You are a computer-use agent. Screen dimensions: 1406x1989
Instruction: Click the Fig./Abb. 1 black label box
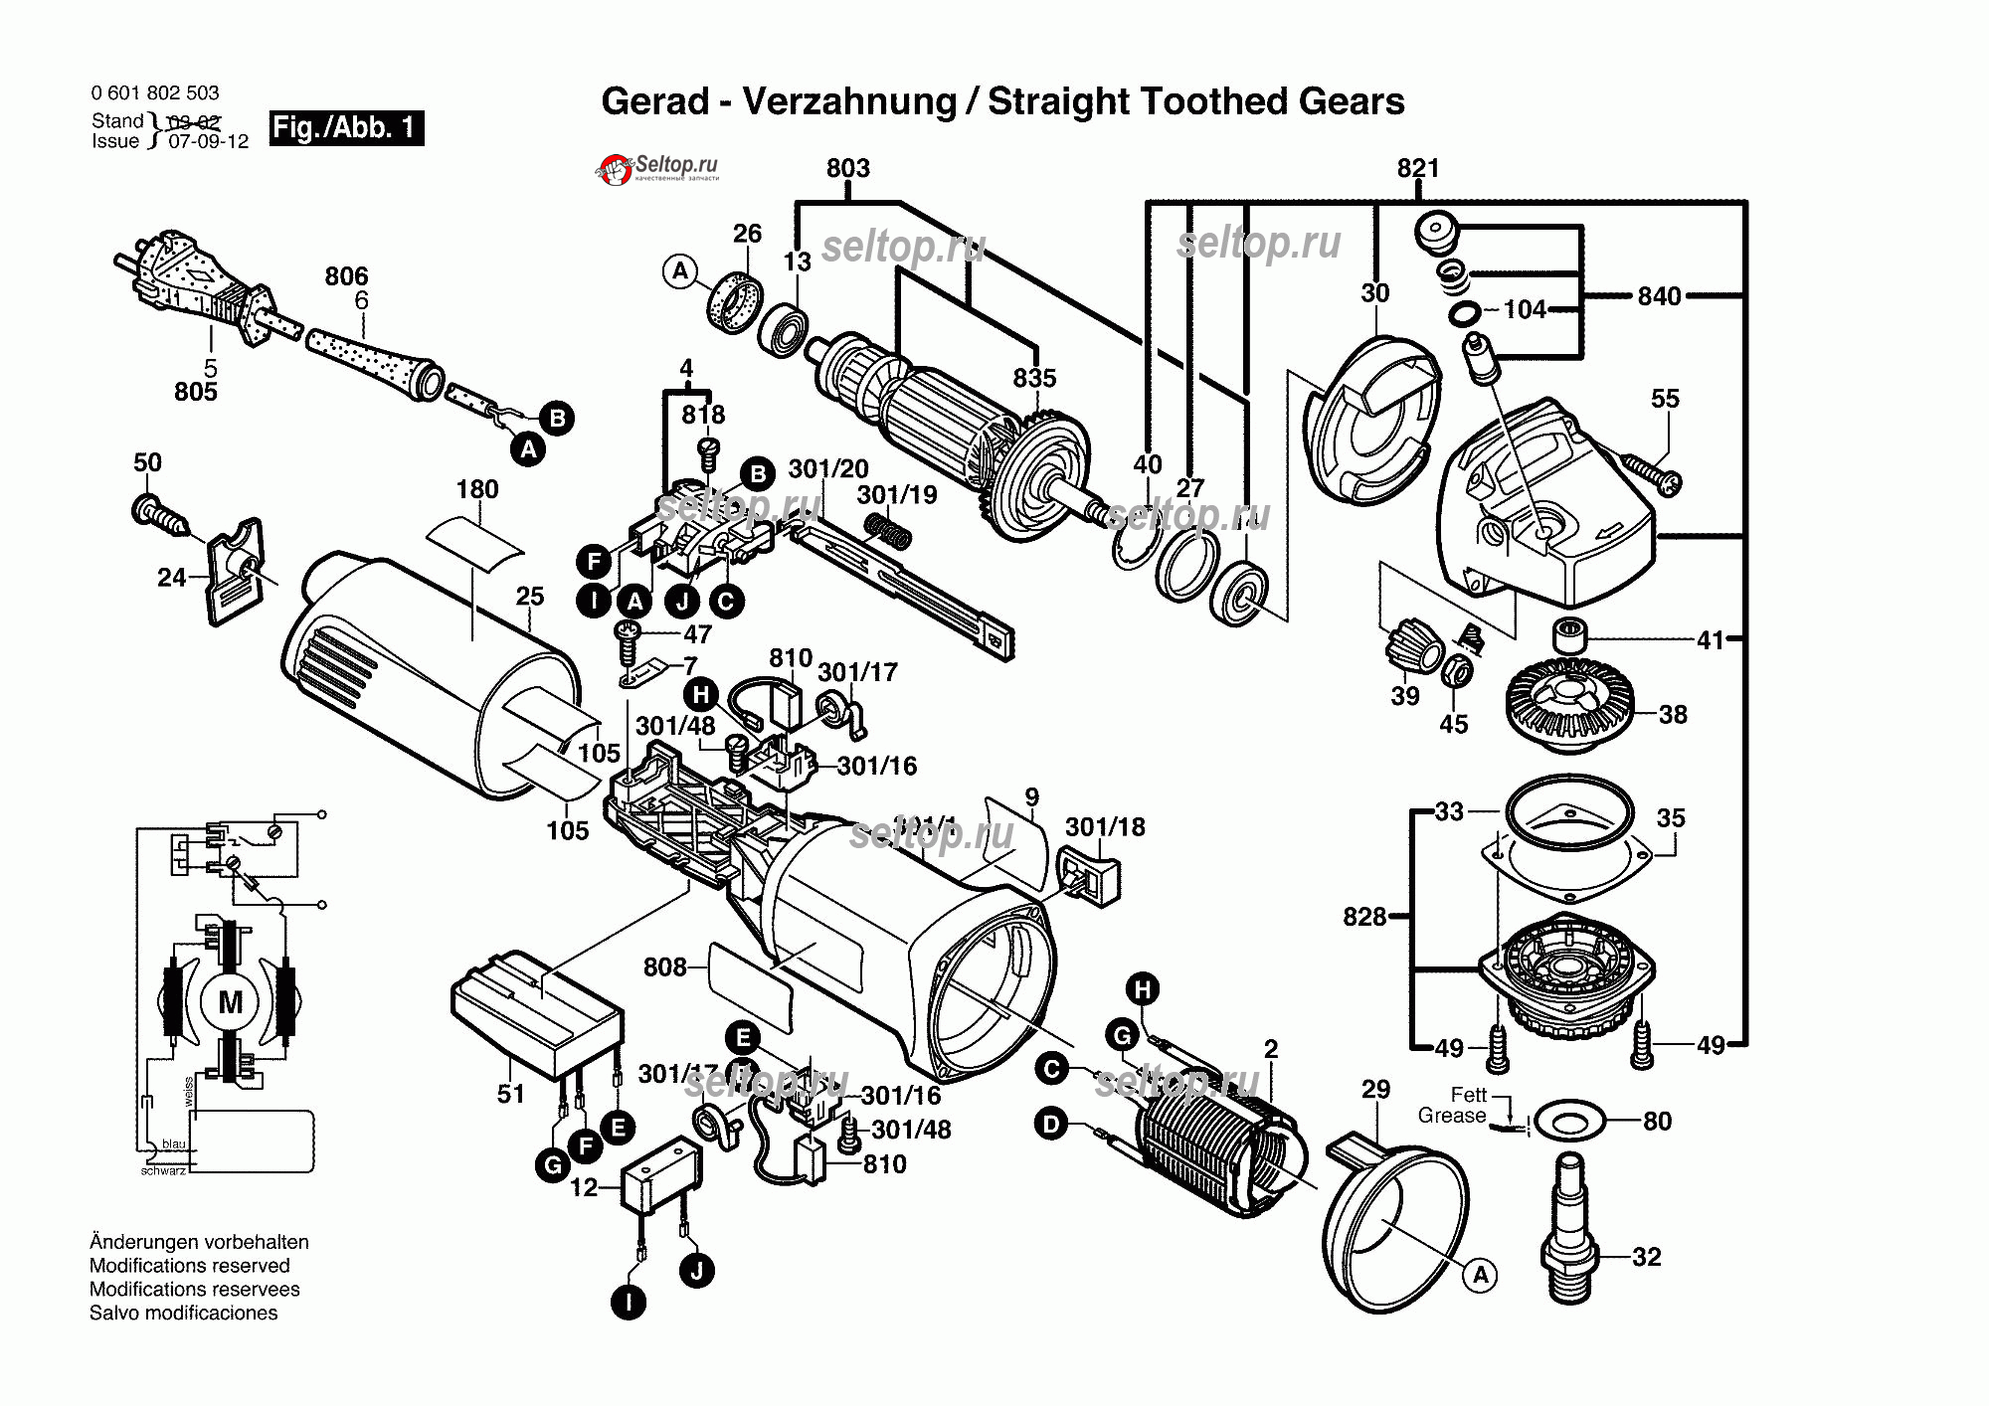coord(346,128)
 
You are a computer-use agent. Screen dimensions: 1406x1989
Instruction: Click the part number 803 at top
coord(847,168)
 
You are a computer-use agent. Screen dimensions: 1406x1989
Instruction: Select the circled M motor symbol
coord(230,1002)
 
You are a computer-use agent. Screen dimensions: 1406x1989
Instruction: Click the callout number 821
coord(1417,168)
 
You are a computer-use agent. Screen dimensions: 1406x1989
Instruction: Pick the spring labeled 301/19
coord(887,530)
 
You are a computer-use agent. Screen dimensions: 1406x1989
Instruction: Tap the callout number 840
coord(1659,296)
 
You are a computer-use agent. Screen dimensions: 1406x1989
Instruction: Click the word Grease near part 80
coord(1451,1116)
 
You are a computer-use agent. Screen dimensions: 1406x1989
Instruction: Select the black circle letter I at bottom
coord(628,1302)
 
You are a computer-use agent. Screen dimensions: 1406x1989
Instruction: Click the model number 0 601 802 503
coord(155,93)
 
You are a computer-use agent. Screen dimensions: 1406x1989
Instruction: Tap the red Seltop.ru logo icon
coord(616,170)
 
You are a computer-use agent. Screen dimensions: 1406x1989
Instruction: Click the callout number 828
coord(1363,917)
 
